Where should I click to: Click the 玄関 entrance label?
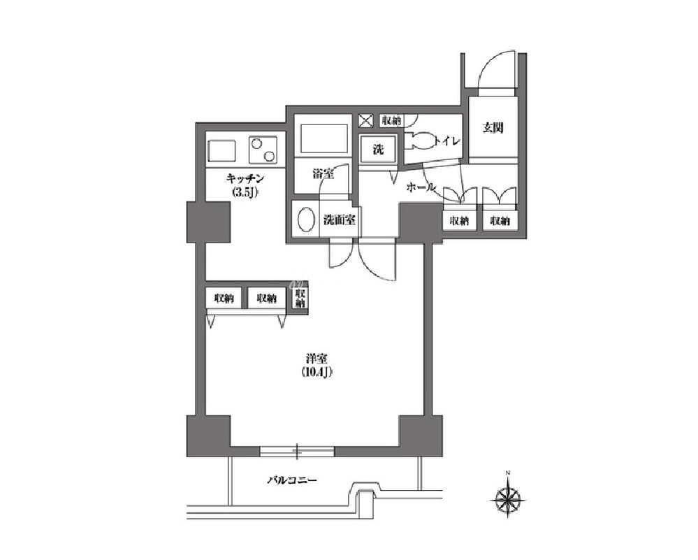pyautogui.click(x=493, y=128)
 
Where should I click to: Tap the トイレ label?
pyautogui.click(x=447, y=142)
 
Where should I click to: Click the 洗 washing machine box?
pyautogui.click(x=378, y=150)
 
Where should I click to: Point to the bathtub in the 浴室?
pyautogui.click(x=324, y=138)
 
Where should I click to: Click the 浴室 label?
pyautogui.click(x=323, y=174)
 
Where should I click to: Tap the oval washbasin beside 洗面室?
pyautogui.click(x=305, y=220)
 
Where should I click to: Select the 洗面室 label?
pyautogui.click(x=339, y=220)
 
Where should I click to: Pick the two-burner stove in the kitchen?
pyautogui.click(x=263, y=149)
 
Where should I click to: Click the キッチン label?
pyautogui.click(x=246, y=179)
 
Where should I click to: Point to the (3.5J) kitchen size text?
pyautogui.click(x=245, y=193)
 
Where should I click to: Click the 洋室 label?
pyautogui.click(x=317, y=358)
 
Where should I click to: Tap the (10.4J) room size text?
pyautogui.click(x=317, y=373)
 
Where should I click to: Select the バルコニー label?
pyautogui.click(x=292, y=481)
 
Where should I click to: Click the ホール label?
pyautogui.click(x=420, y=188)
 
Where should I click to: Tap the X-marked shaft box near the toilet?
pyautogui.click(x=365, y=121)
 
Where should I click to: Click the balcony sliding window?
pyautogui.click(x=297, y=452)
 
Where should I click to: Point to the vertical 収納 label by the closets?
pyautogui.click(x=300, y=299)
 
